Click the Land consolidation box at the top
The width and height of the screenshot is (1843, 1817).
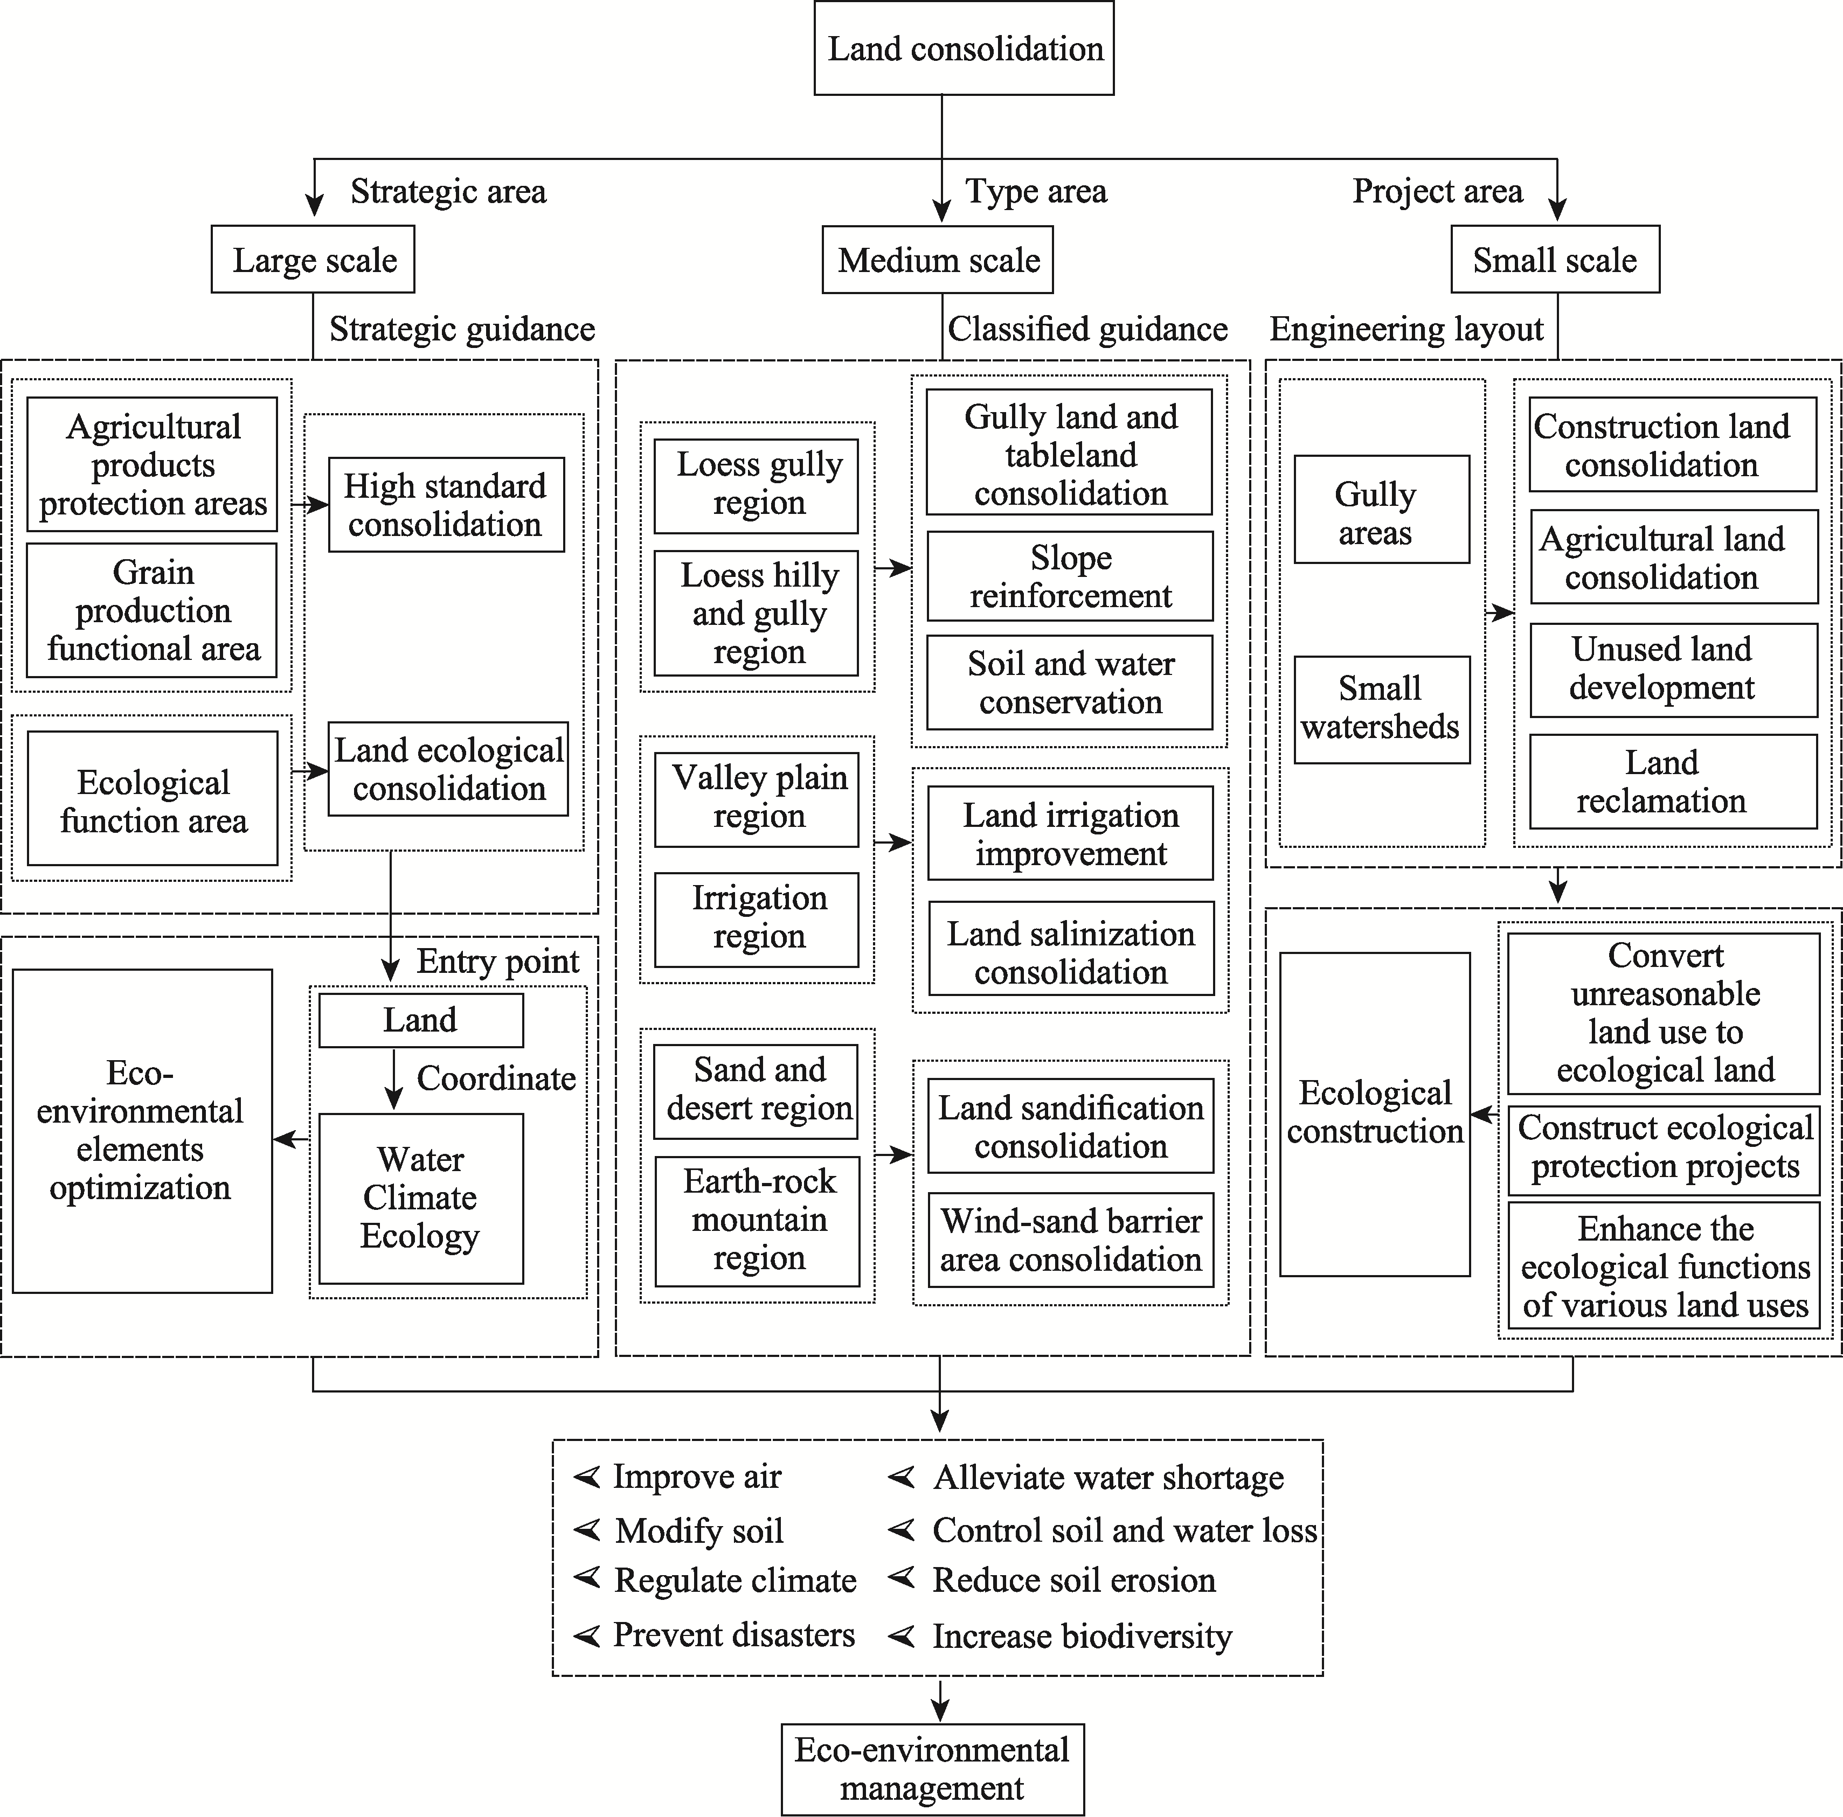pyautogui.click(x=964, y=48)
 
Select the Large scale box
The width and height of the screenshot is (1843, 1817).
pyautogui.click(x=313, y=260)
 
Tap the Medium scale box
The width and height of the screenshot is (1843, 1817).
pyautogui.click(x=938, y=260)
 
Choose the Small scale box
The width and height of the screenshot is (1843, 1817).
pyautogui.click(x=1555, y=260)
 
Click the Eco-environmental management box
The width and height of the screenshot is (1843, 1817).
pyautogui.click(x=932, y=1769)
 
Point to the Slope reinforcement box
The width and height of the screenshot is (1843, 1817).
pyautogui.click(x=1070, y=576)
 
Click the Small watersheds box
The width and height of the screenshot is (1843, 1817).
pyautogui.click(x=1381, y=709)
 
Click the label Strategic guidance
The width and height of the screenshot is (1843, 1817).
pyautogui.click(x=462, y=329)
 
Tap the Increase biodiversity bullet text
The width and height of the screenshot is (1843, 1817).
pyautogui.click(x=1082, y=1636)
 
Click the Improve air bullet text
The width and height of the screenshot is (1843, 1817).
pyautogui.click(x=696, y=1477)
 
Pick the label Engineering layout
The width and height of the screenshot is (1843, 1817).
pyautogui.click(x=1406, y=329)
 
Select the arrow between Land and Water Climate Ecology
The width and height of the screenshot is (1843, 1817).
pyautogui.click(x=393, y=1080)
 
